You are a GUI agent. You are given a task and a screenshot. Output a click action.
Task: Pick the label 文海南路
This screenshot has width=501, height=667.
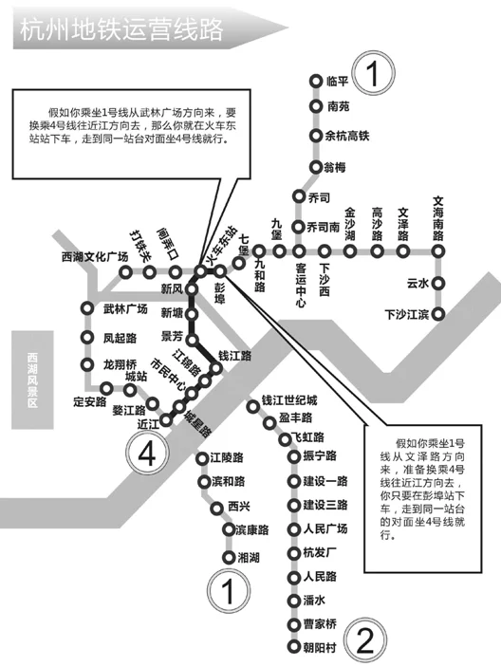pyautogui.click(x=438, y=215)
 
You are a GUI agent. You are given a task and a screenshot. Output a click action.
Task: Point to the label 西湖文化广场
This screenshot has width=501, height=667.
pyautogui.click(x=94, y=256)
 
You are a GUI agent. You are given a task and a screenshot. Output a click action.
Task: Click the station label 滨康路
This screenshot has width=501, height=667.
pyautogui.click(x=252, y=529)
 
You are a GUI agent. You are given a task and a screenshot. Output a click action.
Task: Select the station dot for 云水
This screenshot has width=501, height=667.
pyautogui.click(x=439, y=283)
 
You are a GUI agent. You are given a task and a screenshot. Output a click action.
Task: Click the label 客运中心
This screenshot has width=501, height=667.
pyautogui.click(x=300, y=286)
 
